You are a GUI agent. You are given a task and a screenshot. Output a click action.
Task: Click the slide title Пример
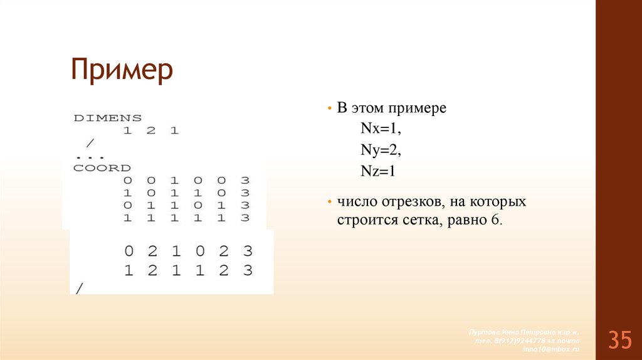point(121,70)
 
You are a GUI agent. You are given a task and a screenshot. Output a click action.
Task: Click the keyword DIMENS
point(108,117)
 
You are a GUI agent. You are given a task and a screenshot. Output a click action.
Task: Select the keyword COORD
point(102,168)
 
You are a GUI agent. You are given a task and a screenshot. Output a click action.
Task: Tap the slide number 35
point(619,340)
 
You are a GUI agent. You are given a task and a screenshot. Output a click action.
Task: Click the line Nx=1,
point(379,129)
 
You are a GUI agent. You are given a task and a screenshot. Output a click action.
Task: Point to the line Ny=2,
point(379,150)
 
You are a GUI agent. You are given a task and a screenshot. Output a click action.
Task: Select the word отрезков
point(415,203)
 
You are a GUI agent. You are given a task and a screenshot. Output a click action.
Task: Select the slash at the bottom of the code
point(78,289)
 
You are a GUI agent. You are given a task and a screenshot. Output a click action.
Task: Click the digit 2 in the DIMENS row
point(150,131)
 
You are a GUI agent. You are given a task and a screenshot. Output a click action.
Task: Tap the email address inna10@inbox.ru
point(552,348)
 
